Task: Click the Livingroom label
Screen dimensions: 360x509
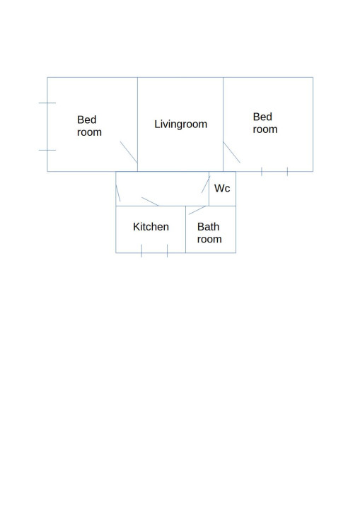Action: [x=180, y=124]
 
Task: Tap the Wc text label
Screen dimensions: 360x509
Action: [x=222, y=188]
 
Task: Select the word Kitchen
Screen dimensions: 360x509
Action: [x=151, y=227]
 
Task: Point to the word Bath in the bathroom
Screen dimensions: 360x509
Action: [x=208, y=227]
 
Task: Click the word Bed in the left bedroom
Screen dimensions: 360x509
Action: [x=87, y=119]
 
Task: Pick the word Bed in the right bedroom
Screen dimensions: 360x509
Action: [x=262, y=117]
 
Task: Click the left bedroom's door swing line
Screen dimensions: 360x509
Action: [x=129, y=152]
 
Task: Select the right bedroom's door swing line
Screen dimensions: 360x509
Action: [x=232, y=152]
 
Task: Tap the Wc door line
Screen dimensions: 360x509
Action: [x=206, y=185]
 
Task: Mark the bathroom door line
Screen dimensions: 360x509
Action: [x=197, y=210]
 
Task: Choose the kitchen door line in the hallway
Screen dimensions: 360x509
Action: [x=150, y=201]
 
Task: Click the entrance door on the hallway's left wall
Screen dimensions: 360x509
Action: [x=118, y=193]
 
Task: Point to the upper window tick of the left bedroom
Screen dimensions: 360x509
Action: [x=47, y=103]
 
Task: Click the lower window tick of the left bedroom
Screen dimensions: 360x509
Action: [x=47, y=151]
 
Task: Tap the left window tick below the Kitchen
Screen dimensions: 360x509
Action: [x=141, y=251]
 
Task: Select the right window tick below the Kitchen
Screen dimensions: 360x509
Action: [x=168, y=251]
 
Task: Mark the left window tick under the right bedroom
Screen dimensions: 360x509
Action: [x=262, y=171]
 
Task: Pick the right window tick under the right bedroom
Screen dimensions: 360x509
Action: [x=288, y=171]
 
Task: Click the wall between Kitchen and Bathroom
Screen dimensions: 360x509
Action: [x=185, y=229]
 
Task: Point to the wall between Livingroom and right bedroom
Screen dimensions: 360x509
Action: [x=223, y=124]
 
